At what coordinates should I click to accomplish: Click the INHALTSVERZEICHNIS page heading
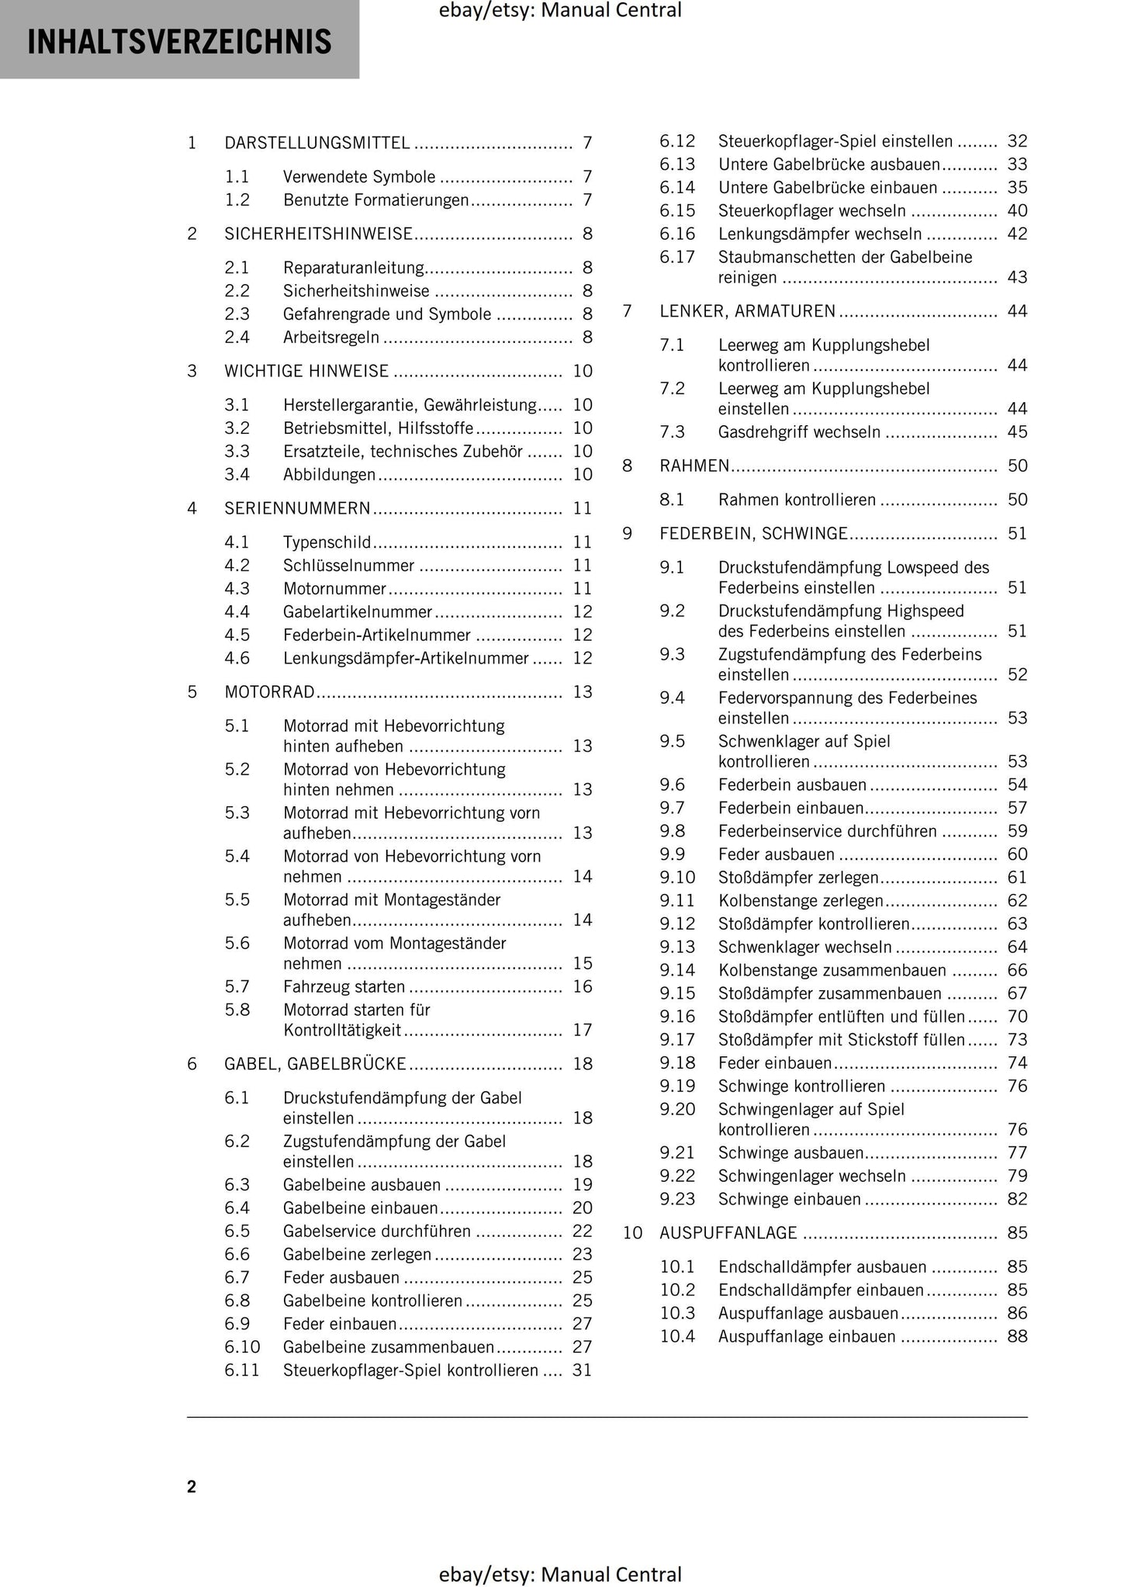click(179, 42)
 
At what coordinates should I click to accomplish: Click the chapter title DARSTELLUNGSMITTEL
click(317, 143)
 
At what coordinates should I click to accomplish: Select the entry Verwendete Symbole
click(359, 177)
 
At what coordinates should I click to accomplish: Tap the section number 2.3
click(237, 314)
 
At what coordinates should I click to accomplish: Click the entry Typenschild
click(327, 542)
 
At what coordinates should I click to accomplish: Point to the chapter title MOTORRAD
click(269, 692)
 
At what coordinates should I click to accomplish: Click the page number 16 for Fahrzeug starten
click(583, 987)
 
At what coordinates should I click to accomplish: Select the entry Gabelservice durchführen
click(377, 1232)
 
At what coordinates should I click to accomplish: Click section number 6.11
click(242, 1370)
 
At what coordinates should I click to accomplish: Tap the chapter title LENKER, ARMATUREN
click(748, 312)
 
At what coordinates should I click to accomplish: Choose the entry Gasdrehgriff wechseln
click(799, 432)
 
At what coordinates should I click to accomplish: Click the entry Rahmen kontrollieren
click(797, 501)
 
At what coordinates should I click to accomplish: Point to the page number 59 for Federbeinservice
click(1017, 832)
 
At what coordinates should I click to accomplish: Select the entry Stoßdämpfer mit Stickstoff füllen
click(841, 1040)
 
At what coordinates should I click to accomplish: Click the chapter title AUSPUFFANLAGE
click(728, 1233)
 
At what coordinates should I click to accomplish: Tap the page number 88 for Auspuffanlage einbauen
click(1017, 1337)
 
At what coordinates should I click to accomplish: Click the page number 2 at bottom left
click(192, 1487)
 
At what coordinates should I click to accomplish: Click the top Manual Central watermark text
click(560, 11)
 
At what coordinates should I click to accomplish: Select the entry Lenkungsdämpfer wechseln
click(820, 234)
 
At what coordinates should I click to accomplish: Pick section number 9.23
click(677, 1200)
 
